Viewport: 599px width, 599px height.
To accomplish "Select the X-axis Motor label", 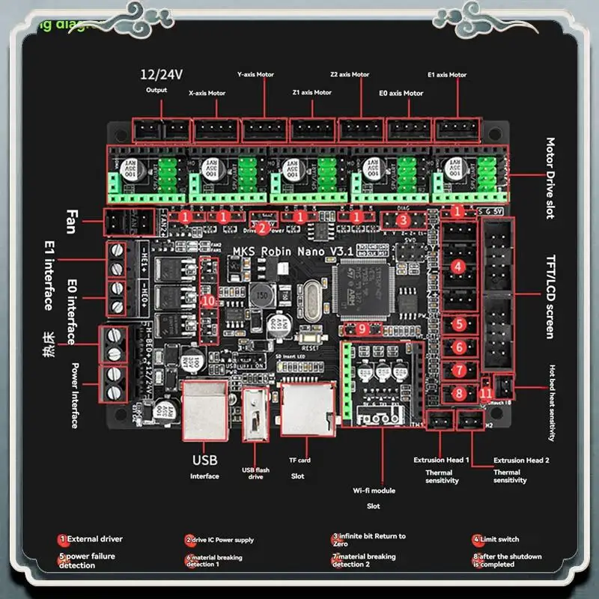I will [x=207, y=94].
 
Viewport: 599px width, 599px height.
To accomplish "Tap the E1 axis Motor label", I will [x=446, y=75].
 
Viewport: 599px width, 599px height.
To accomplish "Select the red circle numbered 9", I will [x=362, y=328].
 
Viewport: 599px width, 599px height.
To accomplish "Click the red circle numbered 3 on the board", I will [x=403, y=220].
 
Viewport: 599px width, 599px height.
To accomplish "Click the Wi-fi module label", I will [x=374, y=491].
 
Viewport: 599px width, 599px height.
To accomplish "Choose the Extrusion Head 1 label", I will [x=441, y=460].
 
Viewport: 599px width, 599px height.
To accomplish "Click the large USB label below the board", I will [x=204, y=460].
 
